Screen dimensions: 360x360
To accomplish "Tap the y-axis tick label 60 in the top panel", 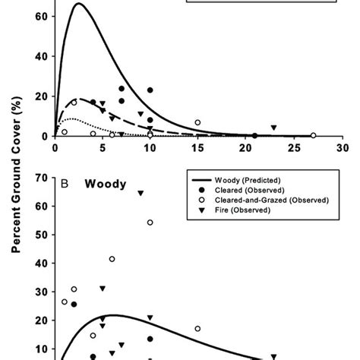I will point(40,16).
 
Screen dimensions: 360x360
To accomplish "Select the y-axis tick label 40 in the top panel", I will point(40,56).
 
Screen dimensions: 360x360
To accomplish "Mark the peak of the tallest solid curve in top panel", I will point(79,4).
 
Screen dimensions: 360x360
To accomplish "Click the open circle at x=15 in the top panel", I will point(197,122).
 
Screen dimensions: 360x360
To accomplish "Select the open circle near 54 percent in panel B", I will point(150,223).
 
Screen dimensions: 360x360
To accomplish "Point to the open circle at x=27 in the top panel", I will point(313,135).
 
